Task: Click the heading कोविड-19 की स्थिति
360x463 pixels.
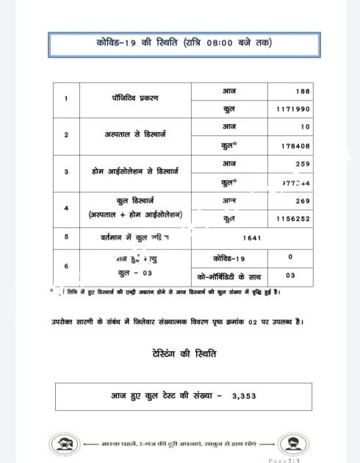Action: [x=184, y=43]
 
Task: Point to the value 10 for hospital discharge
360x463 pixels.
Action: [x=305, y=127]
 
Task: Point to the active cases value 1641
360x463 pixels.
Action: [x=252, y=238]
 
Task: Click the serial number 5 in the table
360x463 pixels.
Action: [x=66, y=237]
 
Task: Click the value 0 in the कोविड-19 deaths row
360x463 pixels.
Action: [x=291, y=257]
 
